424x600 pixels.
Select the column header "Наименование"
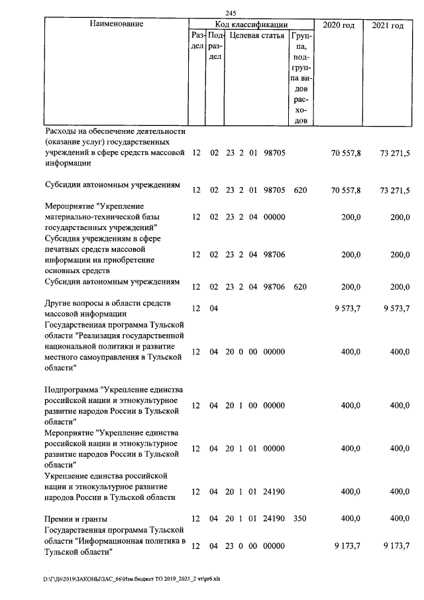[115, 25]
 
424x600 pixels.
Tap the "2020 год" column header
[339, 25]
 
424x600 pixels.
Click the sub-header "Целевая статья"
[257, 36]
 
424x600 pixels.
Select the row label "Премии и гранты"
[76, 518]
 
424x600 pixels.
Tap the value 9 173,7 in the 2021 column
[396, 546]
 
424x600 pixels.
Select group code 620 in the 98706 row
[299, 286]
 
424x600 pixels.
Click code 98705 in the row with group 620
[274, 190]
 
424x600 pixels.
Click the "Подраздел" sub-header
[214, 46]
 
